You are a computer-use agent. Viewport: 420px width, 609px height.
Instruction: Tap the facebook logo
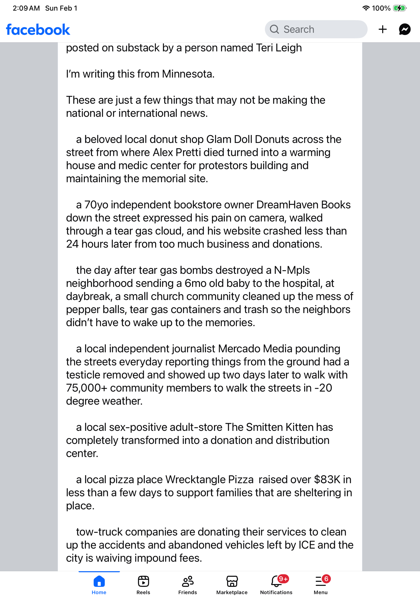pyautogui.click(x=38, y=30)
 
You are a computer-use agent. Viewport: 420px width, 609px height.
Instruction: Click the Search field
pyautogui.click(x=316, y=29)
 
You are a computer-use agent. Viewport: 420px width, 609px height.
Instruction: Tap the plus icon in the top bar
pyautogui.click(x=383, y=29)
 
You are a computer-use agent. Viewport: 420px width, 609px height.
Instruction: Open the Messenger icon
pyautogui.click(x=404, y=29)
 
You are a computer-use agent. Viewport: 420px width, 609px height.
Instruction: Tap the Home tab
pyautogui.click(x=99, y=585)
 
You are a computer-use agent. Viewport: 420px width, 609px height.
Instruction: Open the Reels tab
pyautogui.click(x=143, y=585)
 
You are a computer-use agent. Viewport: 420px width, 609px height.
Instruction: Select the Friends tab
pyautogui.click(x=187, y=585)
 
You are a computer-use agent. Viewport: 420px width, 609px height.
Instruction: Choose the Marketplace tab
pyautogui.click(x=232, y=585)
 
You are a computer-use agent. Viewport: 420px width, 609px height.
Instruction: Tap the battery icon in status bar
pyautogui.click(x=399, y=8)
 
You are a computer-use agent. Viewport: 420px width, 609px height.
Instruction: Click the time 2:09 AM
pyautogui.click(x=26, y=8)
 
